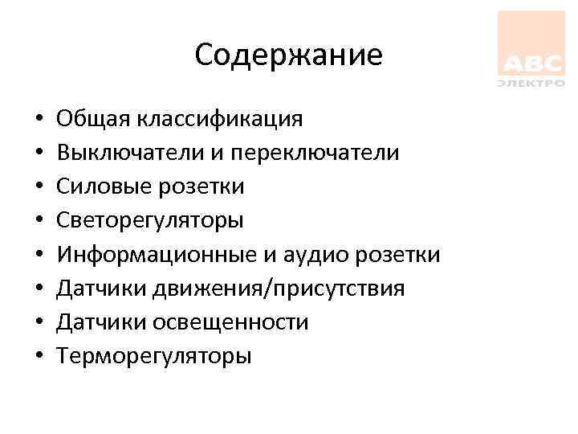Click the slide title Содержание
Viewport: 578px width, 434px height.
coord(288,55)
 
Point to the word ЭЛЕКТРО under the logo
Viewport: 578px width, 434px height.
coord(531,82)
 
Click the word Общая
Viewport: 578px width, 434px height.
coord(95,119)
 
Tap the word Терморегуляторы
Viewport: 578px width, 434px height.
coord(154,355)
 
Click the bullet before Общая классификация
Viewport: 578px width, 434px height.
coord(39,121)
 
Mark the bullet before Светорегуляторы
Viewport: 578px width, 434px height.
coord(39,222)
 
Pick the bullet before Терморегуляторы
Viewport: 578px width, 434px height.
coord(39,357)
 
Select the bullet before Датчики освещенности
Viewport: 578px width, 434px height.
coord(39,323)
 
